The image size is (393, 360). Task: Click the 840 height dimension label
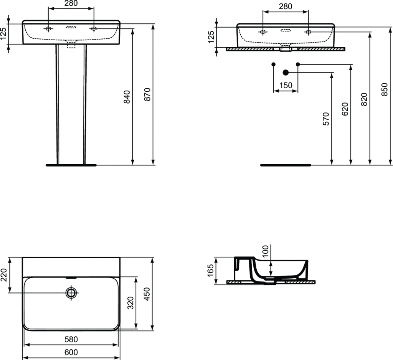tap(127, 97)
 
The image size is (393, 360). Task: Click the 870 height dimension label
tap(147, 94)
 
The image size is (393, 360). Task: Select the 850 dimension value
tap(384, 89)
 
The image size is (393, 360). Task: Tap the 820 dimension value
tap(364, 99)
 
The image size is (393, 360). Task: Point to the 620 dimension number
tap(345, 109)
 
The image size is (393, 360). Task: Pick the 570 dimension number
tap(325, 119)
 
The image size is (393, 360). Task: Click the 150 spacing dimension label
tap(286, 86)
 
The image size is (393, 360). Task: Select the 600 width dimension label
tap(71, 352)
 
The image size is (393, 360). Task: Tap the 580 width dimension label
tap(71, 339)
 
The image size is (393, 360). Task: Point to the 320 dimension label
tap(130, 303)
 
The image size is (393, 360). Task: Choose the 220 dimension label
tap(4, 275)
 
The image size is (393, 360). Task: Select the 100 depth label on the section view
tap(265, 251)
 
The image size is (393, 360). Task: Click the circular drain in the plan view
tap(71, 292)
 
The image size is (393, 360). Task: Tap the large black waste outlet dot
tap(286, 73)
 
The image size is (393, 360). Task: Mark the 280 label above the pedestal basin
tap(71, 3)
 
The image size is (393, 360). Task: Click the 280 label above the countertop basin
tap(286, 6)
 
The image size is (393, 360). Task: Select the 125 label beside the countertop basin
tap(211, 37)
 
